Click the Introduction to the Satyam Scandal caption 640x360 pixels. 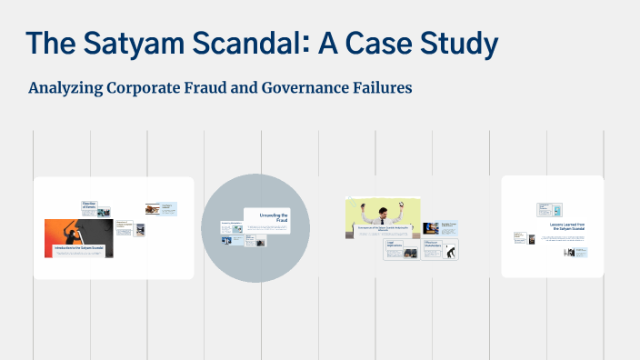[78, 247]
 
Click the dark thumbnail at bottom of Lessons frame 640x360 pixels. [570, 252]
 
